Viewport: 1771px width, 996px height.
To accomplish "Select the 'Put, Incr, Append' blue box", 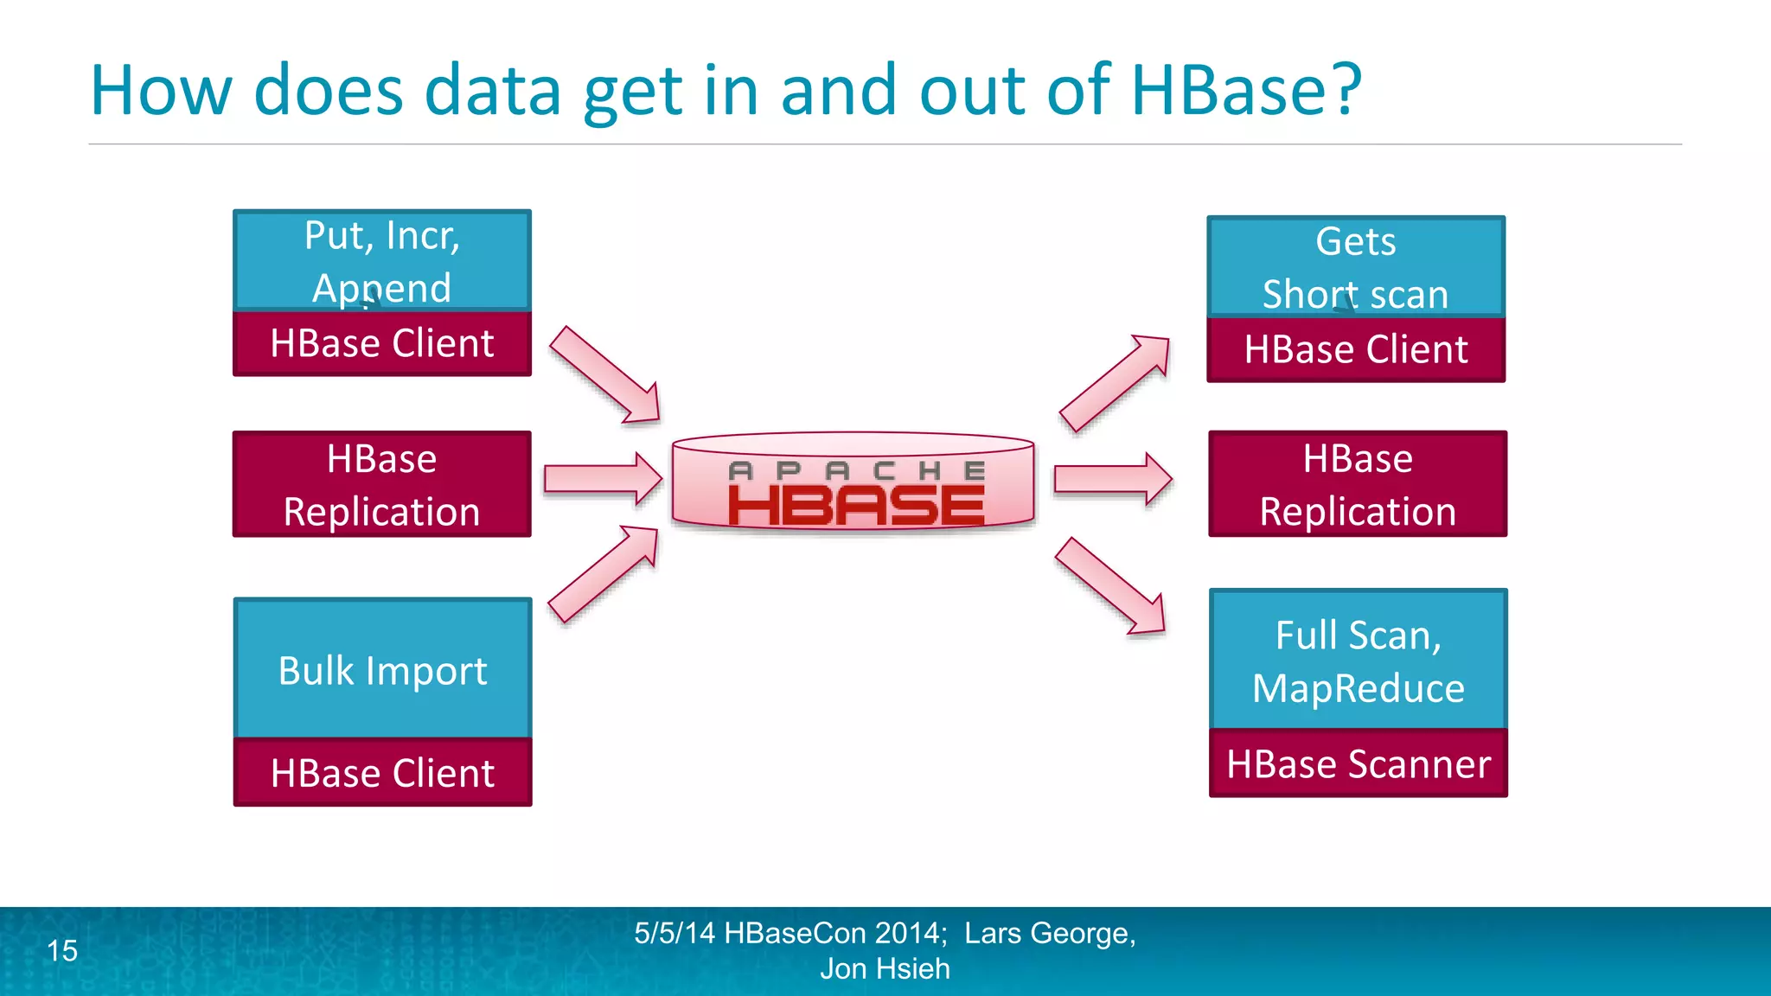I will pyautogui.click(x=382, y=260).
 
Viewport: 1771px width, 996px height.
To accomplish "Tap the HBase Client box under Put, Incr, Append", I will pyautogui.click(x=382, y=343).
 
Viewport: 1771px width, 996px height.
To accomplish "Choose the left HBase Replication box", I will pyautogui.click(x=382, y=484).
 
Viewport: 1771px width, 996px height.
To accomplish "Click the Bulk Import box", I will pyautogui.click(x=382, y=669).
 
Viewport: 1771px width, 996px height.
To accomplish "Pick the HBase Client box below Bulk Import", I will pyautogui.click(x=382, y=772).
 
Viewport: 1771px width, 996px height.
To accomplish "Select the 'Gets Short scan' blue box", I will pyautogui.click(x=1356, y=266).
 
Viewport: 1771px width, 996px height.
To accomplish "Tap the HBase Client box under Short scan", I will pyautogui.click(x=1356, y=349).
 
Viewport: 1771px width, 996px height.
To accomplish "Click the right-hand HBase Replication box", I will pyautogui.click(x=1358, y=484).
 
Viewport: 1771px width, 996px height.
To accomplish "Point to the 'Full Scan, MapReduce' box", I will pyautogui.click(x=1358, y=661).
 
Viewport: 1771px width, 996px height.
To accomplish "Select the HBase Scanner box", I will pyautogui.click(x=1358, y=763).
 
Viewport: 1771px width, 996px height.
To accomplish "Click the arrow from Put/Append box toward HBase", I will pyautogui.click(x=605, y=376).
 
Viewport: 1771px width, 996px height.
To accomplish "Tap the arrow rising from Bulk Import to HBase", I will pyautogui.click(x=604, y=573).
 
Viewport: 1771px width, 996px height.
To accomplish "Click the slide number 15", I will pyautogui.click(x=62, y=951).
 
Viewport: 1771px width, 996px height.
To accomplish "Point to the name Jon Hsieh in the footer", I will pyautogui.click(x=885, y=969).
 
